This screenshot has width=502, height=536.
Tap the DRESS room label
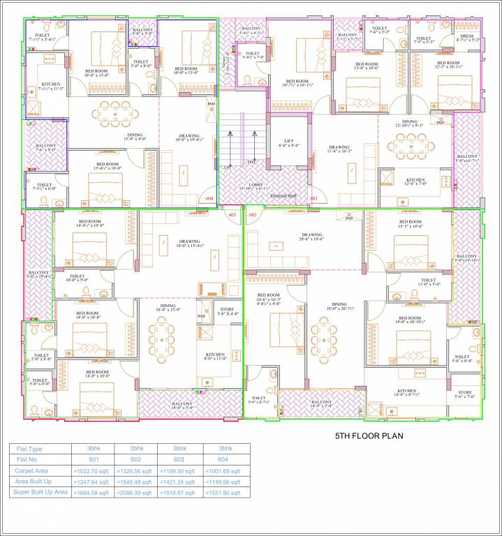(x=468, y=35)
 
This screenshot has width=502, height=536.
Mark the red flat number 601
(x=314, y=198)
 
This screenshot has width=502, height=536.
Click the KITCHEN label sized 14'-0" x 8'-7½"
(x=407, y=391)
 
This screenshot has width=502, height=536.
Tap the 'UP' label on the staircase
(x=226, y=168)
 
